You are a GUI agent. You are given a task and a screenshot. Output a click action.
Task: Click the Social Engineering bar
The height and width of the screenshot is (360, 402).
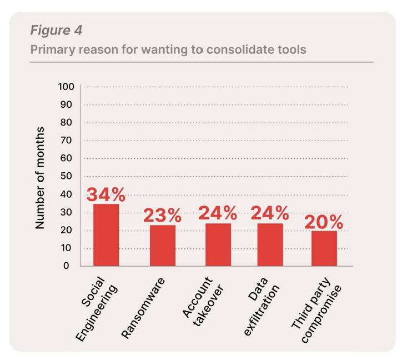click(x=105, y=235)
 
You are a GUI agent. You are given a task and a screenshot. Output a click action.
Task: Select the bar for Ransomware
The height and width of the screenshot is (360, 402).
click(x=162, y=245)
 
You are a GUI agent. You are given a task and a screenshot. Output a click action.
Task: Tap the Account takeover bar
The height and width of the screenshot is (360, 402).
click(x=218, y=244)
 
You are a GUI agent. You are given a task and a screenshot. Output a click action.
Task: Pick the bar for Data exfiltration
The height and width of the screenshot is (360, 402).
click(x=270, y=244)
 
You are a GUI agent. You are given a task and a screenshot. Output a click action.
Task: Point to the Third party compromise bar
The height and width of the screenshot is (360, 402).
click(x=324, y=248)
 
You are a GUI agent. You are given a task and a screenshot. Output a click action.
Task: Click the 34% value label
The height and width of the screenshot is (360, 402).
click(x=105, y=195)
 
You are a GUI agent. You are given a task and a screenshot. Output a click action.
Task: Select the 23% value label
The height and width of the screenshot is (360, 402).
click(x=162, y=216)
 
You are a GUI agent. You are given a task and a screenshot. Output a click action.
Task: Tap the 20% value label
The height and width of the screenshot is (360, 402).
click(x=324, y=222)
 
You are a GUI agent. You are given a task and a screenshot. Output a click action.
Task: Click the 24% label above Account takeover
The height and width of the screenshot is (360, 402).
click(x=218, y=213)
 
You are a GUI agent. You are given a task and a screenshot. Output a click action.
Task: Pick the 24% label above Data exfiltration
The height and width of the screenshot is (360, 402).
click(x=270, y=213)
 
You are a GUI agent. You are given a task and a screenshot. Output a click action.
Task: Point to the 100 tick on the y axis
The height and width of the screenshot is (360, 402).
click(x=66, y=87)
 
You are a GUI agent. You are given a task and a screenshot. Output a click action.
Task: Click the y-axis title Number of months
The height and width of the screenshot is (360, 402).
click(x=41, y=178)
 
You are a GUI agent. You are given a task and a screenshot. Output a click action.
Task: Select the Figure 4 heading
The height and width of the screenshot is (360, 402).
click(x=56, y=30)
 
